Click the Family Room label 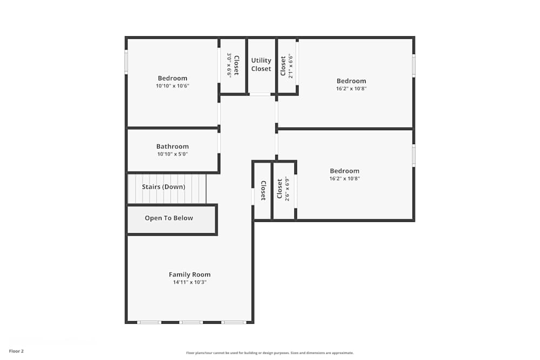click(190, 274)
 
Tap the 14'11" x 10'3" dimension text click(190, 282)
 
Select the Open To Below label click(168, 218)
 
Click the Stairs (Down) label click(163, 187)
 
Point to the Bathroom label click(172, 146)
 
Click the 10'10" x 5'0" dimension click(172, 154)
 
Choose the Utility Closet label click(261, 65)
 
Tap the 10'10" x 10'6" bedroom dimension click(172, 86)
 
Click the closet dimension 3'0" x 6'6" click(229, 65)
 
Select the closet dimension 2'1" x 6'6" click(291, 66)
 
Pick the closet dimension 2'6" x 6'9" click(287, 189)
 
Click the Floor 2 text click(16, 351)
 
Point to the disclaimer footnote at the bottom click(270, 353)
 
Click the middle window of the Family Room click(191, 322)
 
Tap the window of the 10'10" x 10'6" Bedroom click(126, 62)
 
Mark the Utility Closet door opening click(260, 94)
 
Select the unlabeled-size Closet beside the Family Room click(263, 191)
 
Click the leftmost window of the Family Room click(149, 322)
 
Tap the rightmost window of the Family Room click(233, 322)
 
